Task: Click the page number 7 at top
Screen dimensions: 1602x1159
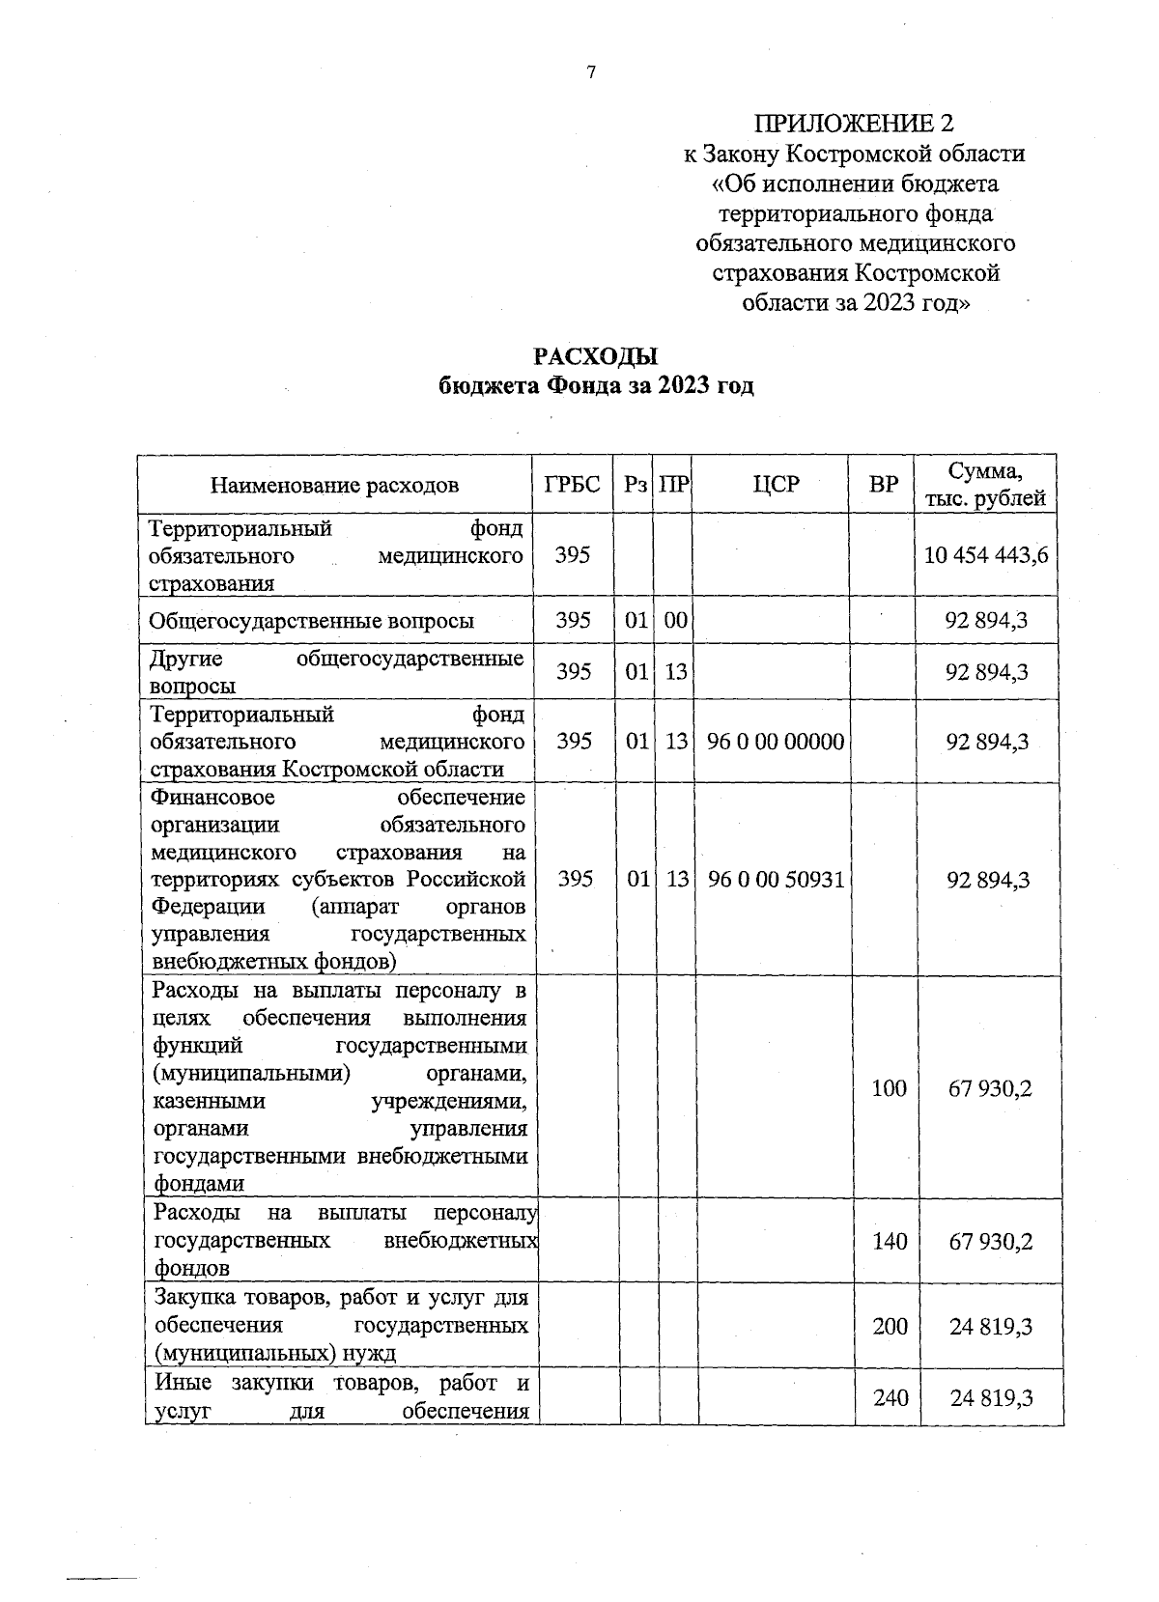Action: coord(591,72)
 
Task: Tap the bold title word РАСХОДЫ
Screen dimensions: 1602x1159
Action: coord(596,357)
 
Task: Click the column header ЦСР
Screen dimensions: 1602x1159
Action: coord(776,485)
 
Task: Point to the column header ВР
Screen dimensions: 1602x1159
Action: coord(883,485)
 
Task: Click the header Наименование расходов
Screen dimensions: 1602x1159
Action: coord(334,485)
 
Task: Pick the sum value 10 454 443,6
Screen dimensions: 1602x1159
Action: coord(986,555)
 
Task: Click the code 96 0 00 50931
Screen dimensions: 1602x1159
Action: coord(776,880)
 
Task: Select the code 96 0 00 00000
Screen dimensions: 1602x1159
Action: coord(776,742)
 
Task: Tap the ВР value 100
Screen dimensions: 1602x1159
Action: coord(890,1088)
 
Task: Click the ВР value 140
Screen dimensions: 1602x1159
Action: coord(890,1241)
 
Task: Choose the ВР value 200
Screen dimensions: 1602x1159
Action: coord(890,1326)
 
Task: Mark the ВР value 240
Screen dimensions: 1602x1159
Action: coord(890,1396)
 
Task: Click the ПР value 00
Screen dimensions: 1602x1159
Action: coord(675,621)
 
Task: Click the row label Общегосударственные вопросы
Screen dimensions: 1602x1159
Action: coord(311,621)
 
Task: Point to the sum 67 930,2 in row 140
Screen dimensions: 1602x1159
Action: coord(990,1241)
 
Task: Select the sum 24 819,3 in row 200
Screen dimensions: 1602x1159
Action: coord(990,1326)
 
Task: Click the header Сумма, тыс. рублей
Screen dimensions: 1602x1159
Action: coord(985,485)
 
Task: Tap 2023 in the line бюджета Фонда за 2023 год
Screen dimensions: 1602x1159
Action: coord(685,386)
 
